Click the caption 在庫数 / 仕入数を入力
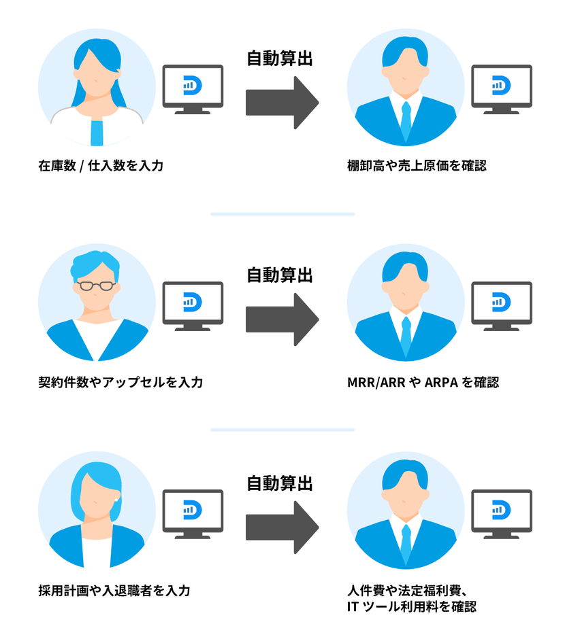[x=101, y=165]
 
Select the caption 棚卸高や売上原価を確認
[x=417, y=165]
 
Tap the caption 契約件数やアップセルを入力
[x=120, y=382]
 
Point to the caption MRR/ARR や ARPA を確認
[x=422, y=382]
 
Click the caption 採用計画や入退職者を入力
[x=114, y=590]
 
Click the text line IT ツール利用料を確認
[x=411, y=606]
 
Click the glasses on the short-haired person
[x=94, y=286]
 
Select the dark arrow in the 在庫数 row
[x=282, y=102]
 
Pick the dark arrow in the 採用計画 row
[x=282, y=527]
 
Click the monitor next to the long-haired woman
[x=193, y=88]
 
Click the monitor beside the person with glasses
[x=193, y=305]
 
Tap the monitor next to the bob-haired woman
[x=193, y=513]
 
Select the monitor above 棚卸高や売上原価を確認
[x=502, y=88]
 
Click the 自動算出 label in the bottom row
[x=279, y=483]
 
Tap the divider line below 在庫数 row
[x=282, y=214]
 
